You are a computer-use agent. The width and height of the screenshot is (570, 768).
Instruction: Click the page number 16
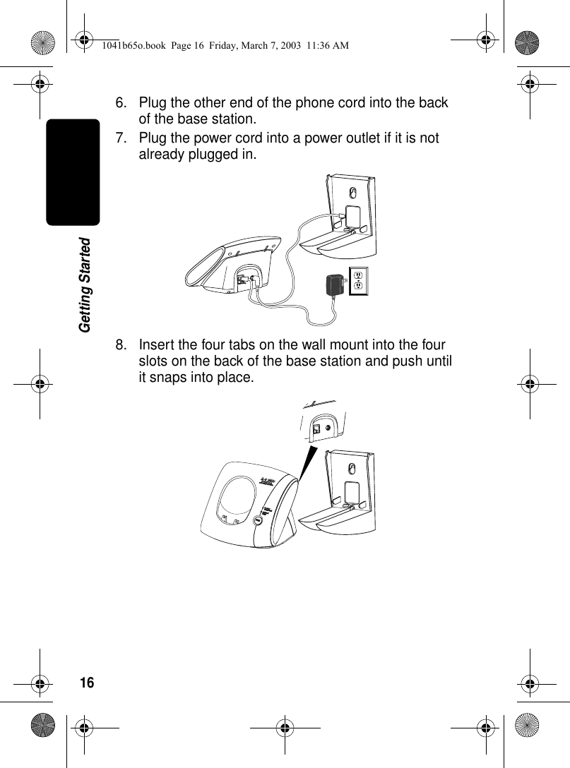point(86,683)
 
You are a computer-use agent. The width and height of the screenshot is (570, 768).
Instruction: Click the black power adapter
point(333,285)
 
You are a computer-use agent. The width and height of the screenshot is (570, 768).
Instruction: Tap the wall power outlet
point(358,281)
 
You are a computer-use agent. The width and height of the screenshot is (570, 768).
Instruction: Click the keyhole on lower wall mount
point(353,472)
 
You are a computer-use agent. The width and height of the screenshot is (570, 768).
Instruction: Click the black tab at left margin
point(73,172)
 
